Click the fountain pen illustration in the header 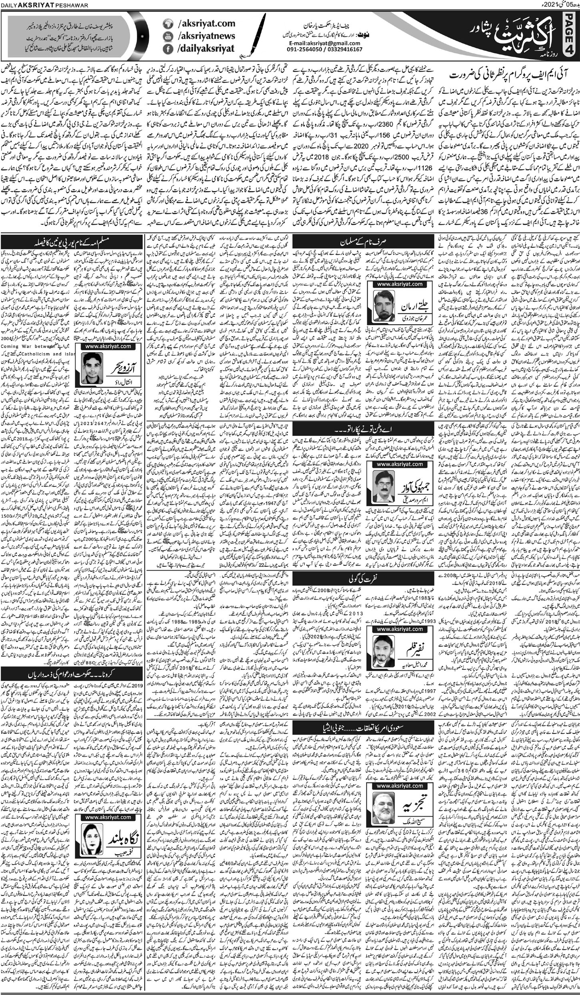250,36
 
